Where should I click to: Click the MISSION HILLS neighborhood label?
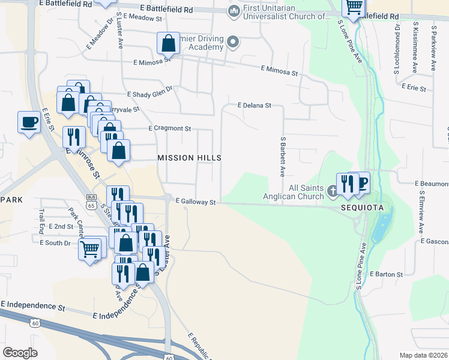(189, 158)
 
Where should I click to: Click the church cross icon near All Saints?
(334, 192)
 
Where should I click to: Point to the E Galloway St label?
(196, 203)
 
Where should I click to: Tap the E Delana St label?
(255, 106)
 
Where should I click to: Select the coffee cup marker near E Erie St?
(29, 122)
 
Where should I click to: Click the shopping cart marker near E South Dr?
(90, 247)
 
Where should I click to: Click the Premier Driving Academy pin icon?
(233, 41)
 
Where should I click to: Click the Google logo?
(20, 353)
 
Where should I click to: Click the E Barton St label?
(387, 274)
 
